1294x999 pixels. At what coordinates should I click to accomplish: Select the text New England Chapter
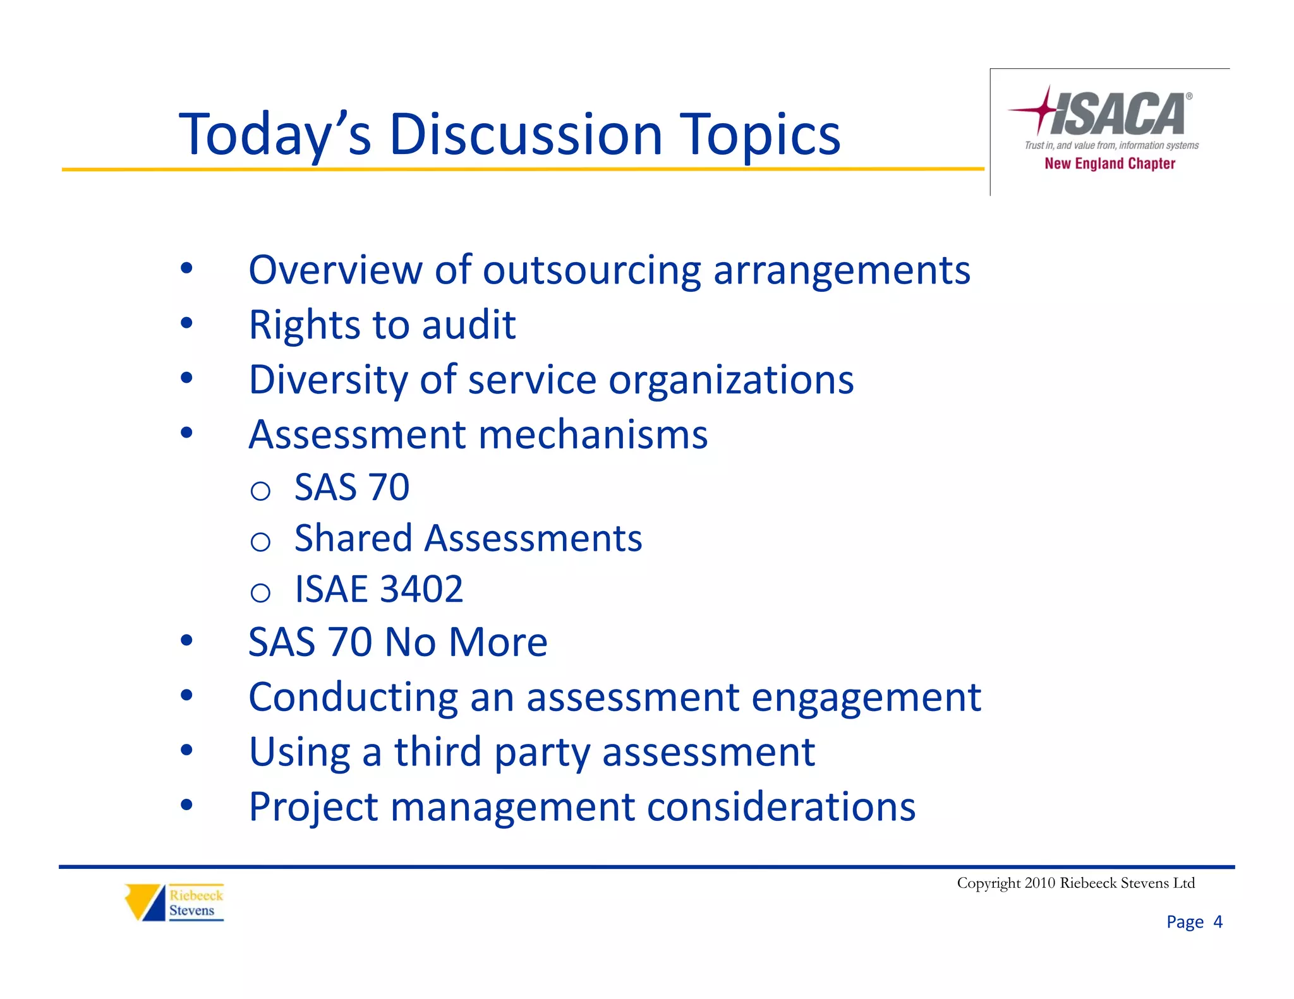1110,164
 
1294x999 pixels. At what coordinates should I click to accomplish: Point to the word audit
468,325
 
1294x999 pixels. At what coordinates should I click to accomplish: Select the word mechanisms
593,435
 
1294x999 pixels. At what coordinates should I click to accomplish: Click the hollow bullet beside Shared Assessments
260,541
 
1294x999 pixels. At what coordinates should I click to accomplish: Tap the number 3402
421,589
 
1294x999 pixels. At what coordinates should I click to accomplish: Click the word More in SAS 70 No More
498,642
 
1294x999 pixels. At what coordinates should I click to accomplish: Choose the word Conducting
353,698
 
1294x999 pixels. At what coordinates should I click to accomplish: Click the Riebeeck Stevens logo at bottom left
175,902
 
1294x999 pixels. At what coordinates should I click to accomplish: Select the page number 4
1218,922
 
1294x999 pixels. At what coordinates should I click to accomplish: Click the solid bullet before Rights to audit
186,323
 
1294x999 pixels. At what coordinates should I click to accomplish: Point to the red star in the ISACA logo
1042,109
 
